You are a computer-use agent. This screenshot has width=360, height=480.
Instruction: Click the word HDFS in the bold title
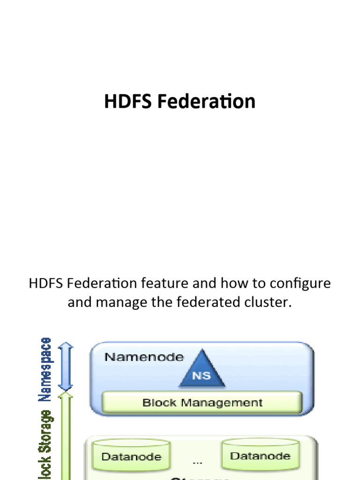(x=128, y=102)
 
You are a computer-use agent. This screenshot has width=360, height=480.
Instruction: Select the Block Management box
(x=202, y=403)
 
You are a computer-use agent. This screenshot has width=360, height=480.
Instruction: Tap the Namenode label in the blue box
(x=144, y=357)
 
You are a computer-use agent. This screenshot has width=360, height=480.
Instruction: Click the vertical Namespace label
(x=45, y=369)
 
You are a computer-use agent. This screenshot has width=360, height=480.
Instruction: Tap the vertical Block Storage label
(x=45, y=445)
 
